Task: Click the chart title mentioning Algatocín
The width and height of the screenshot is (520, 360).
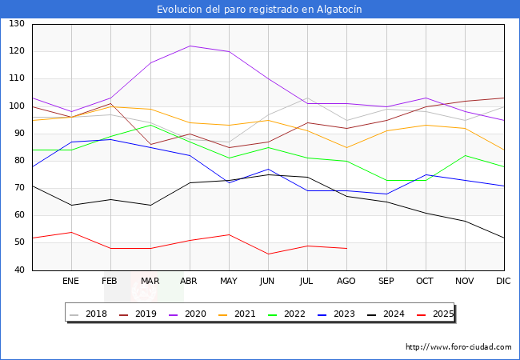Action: (259, 10)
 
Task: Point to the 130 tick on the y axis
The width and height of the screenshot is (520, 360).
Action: (16, 24)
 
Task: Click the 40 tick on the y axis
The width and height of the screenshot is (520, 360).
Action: (18, 270)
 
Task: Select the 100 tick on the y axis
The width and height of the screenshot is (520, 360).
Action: (16, 106)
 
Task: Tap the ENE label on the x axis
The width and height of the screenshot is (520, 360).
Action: (71, 282)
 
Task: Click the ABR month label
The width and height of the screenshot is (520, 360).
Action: (189, 282)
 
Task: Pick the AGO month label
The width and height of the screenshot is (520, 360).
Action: (346, 282)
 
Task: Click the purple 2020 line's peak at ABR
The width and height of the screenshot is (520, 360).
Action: (190, 46)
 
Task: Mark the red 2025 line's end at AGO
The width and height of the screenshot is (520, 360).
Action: (346, 249)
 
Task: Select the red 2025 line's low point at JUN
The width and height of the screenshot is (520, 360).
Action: (268, 254)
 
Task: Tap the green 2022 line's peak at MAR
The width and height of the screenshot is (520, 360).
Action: (150, 125)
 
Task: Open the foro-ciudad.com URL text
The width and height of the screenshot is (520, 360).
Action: (458, 347)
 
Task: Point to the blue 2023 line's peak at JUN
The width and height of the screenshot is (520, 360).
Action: (268, 169)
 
